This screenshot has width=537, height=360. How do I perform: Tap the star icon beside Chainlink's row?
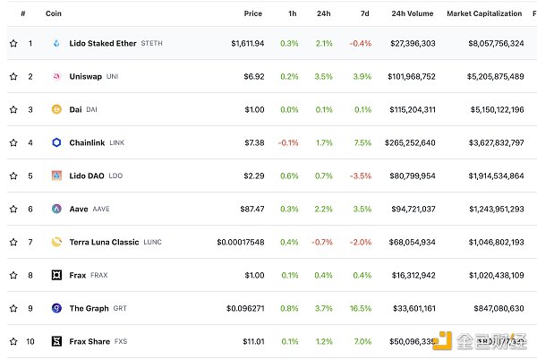pos(13,142)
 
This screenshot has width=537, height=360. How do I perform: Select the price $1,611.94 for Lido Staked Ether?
pos(246,43)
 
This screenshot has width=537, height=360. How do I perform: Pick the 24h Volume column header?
pos(411,14)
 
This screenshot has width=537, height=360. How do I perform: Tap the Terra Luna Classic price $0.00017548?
pos(240,242)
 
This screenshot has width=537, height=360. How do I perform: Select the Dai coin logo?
pos(55,109)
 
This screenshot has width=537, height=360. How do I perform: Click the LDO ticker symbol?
pos(115,176)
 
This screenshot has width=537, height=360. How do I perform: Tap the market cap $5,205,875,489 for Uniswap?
pos(484,76)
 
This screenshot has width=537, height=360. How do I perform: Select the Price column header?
pos(253,14)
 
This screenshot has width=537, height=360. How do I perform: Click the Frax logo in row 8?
pos(55,275)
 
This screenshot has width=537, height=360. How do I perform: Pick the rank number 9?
pos(30,308)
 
